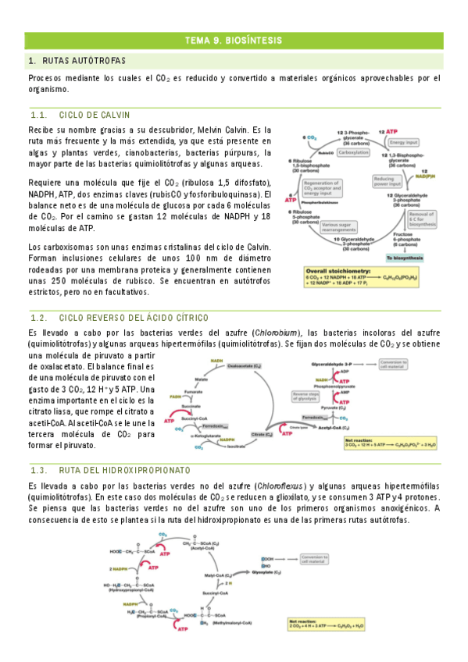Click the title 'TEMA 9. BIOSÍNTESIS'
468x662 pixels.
pyautogui.click(x=234, y=41)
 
